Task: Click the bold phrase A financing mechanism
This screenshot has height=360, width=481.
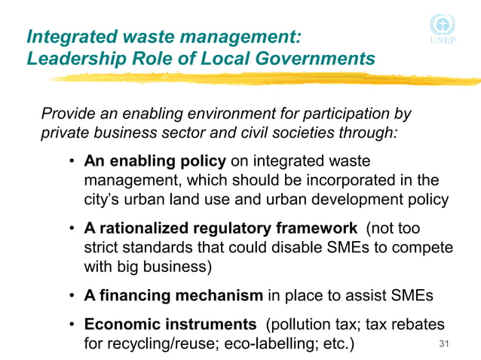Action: [x=173, y=296]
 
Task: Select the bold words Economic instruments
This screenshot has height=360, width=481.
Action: [x=170, y=325]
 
